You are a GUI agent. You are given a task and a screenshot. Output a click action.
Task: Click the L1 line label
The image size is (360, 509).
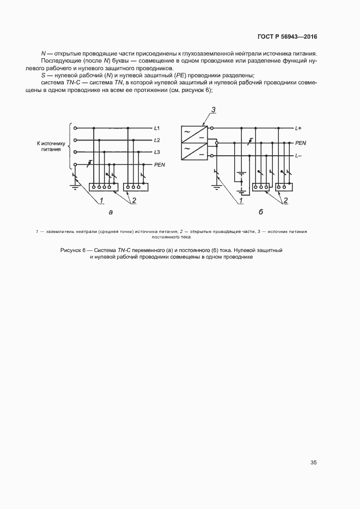157,128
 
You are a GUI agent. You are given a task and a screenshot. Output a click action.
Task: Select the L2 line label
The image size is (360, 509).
157,140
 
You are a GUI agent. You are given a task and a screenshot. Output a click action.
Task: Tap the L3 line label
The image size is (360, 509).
157,152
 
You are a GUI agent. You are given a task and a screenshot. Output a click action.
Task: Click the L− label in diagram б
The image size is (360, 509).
298,156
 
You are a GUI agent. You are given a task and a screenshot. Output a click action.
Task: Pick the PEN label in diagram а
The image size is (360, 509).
160,164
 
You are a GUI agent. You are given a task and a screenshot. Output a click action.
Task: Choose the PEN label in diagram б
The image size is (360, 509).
300,142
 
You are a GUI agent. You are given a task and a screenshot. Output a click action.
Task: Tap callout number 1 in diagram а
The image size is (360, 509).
101,200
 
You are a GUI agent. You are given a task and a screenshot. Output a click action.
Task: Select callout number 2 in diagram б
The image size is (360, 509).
285,200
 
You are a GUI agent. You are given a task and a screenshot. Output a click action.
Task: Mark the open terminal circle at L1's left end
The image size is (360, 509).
76,128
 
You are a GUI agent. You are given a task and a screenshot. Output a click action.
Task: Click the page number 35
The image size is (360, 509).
314,463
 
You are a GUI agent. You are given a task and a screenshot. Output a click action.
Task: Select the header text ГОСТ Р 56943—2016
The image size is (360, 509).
287,37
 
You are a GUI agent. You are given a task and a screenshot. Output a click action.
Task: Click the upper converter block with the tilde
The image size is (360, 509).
193,135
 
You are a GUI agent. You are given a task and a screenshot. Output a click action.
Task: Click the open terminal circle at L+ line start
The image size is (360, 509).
217,128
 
